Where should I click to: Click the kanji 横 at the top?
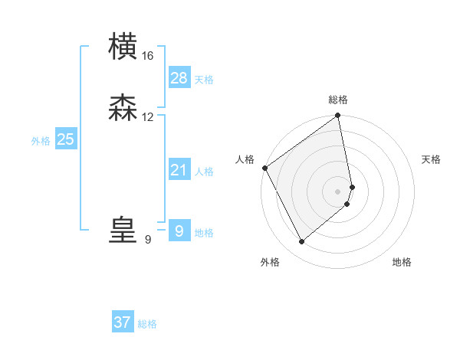[x=123, y=47]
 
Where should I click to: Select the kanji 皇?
[x=123, y=231]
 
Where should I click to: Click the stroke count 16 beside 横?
[x=148, y=55]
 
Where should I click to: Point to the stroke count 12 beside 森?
[x=148, y=117]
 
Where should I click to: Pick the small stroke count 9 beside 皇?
[x=148, y=240]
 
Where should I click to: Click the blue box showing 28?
[x=179, y=77]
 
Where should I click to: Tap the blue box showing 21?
[x=179, y=170]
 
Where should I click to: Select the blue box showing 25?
[x=65, y=139]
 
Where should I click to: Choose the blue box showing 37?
[x=123, y=322]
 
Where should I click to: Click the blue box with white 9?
[x=179, y=231]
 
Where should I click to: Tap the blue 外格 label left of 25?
[x=41, y=141]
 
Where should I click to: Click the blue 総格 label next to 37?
[x=147, y=325]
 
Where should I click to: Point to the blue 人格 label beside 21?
[x=205, y=172]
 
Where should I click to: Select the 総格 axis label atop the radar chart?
[x=338, y=100]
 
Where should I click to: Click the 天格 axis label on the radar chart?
[x=431, y=159]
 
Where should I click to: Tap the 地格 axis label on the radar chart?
[x=402, y=262]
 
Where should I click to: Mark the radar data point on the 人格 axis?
[x=264, y=169]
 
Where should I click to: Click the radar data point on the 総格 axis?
[x=338, y=116]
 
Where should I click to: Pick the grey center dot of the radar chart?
[x=337, y=191]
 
